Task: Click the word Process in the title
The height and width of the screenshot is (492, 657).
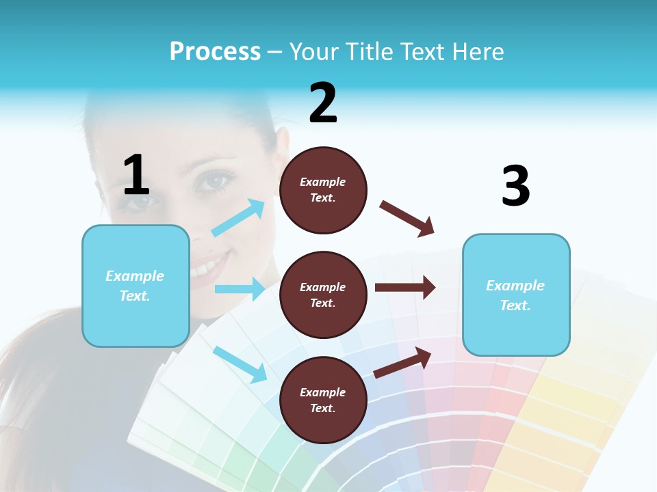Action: (x=215, y=52)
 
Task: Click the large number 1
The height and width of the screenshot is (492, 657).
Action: (x=136, y=176)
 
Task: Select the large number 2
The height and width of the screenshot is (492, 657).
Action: (x=323, y=103)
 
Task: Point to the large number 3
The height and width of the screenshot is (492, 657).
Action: (x=515, y=187)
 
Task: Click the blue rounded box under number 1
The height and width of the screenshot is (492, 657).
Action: (x=136, y=286)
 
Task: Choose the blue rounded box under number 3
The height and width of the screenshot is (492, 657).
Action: (x=516, y=295)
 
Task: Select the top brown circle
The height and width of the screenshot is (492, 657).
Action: (x=323, y=190)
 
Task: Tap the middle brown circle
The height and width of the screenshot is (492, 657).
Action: (x=323, y=295)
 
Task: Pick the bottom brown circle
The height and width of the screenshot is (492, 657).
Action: (x=323, y=400)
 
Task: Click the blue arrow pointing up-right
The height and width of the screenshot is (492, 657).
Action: (x=238, y=218)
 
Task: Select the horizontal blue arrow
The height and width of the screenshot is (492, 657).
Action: (x=240, y=289)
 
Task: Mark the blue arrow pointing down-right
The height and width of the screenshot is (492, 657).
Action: (x=240, y=364)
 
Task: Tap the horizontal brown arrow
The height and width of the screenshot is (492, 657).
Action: (x=405, y=287)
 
